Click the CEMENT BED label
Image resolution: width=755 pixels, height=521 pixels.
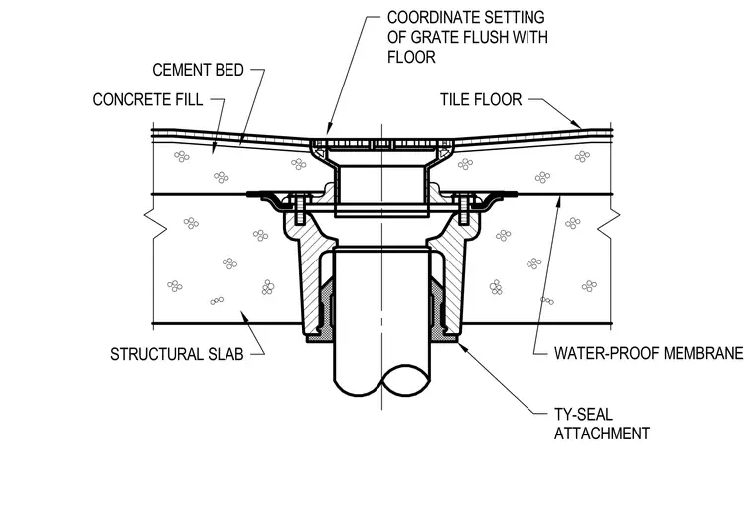198,70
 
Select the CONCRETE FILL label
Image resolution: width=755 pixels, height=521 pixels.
147,100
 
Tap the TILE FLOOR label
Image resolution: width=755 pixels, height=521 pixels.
481,99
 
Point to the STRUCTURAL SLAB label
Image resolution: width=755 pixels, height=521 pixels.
177,354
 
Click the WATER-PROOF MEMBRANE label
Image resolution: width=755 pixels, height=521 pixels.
649,353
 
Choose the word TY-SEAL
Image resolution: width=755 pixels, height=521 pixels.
583,415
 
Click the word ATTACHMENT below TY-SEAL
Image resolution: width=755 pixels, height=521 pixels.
602,434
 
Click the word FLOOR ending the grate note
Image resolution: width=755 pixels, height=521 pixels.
411,57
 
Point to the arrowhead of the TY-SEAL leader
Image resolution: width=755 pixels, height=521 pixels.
459,344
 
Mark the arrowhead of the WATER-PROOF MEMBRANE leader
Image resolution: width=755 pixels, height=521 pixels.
558,200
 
